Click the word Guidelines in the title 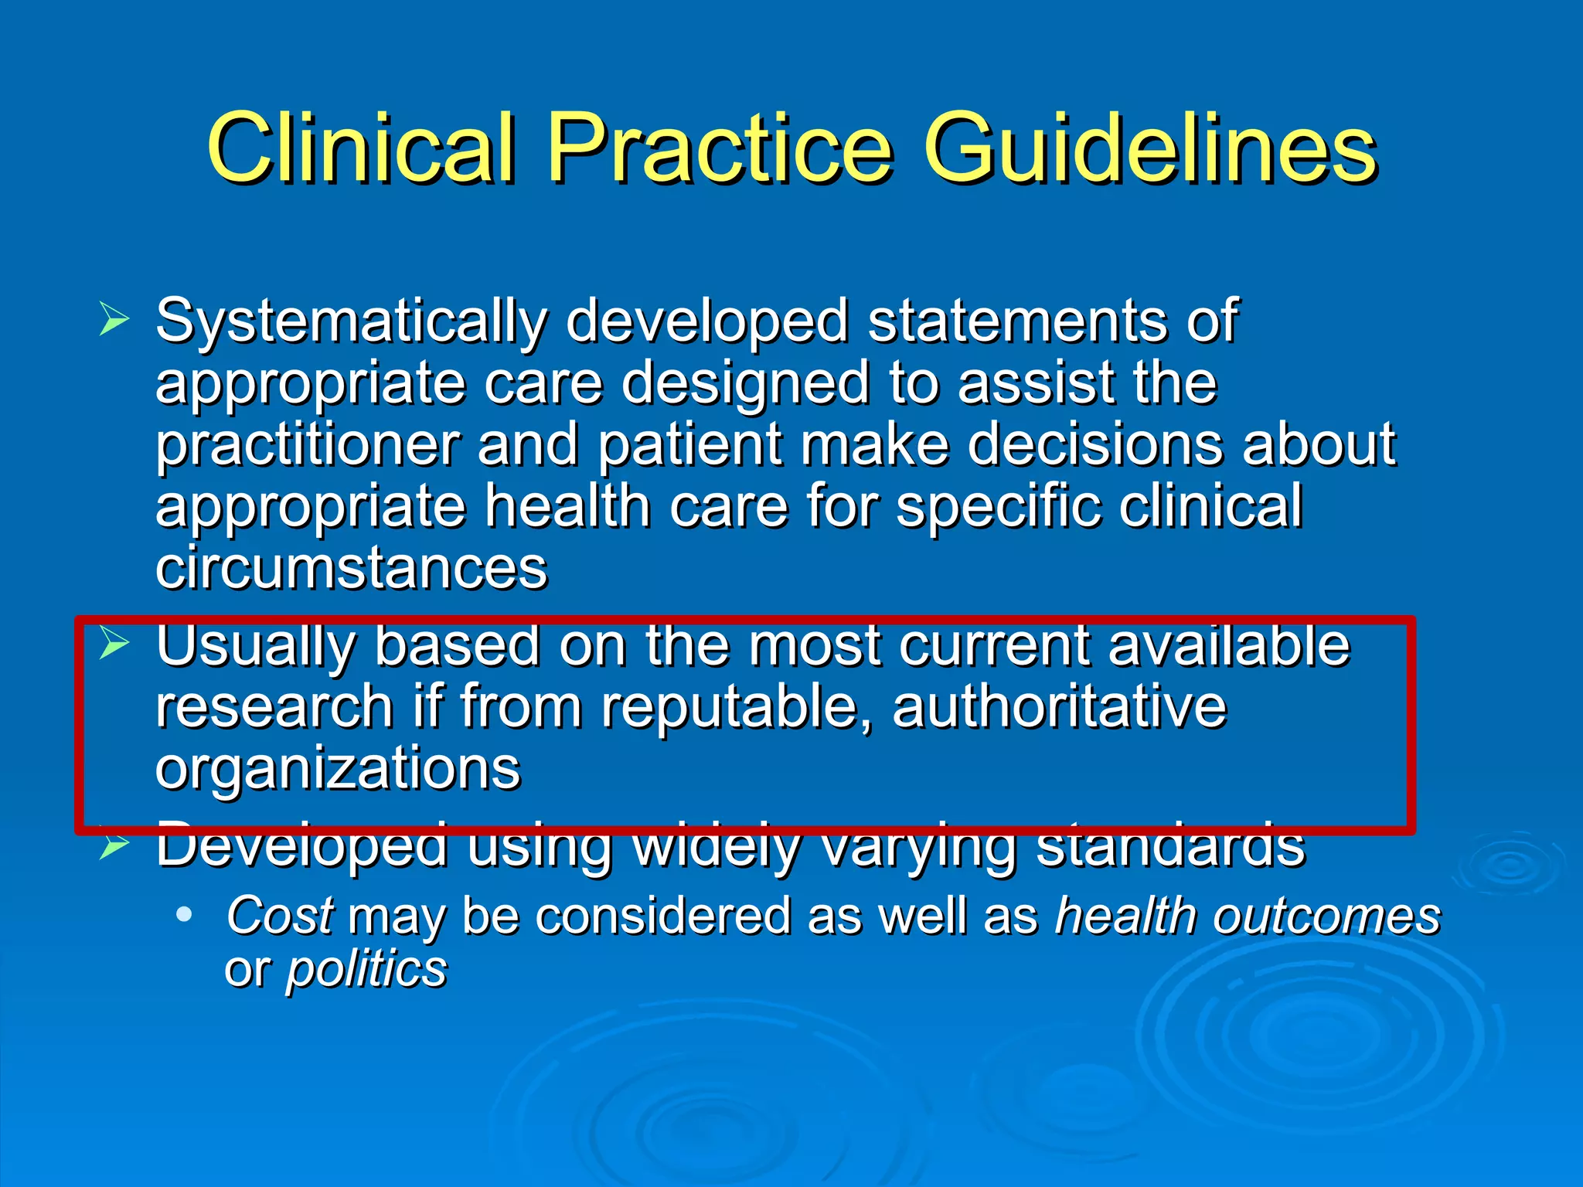coord(1149,148)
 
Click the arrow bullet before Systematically coord(114,319)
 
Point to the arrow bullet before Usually coord(114,643)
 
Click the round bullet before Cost coord(183,915)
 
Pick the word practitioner coord(308,447)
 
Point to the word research coord(274,706)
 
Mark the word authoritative coord(1059,706)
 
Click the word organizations coord(338,770)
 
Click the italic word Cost coord(280,916)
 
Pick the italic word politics coord(366,969)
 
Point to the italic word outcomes coord(1326,916)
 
